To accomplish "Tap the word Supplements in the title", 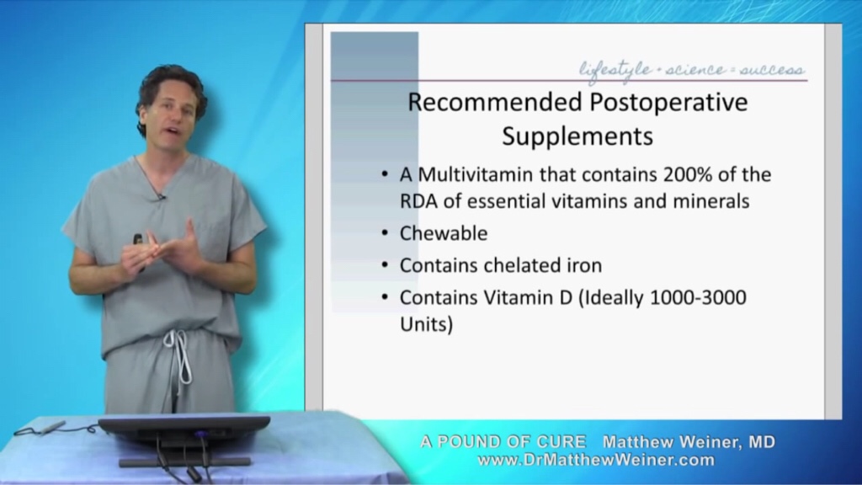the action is (577, 137).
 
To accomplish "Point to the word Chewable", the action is (444, 233).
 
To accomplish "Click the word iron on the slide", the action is (584, 265).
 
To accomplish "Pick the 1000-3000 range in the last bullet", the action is (698, 297).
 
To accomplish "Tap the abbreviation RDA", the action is (419, 201).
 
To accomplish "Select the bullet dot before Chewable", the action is (385, 233).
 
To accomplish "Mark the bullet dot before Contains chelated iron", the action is (385, 265).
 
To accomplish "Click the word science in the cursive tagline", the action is (695, 70).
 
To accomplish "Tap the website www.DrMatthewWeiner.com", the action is (596, 460).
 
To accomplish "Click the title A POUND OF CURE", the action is (503, 441).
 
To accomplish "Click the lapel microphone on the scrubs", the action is (161, 196).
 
